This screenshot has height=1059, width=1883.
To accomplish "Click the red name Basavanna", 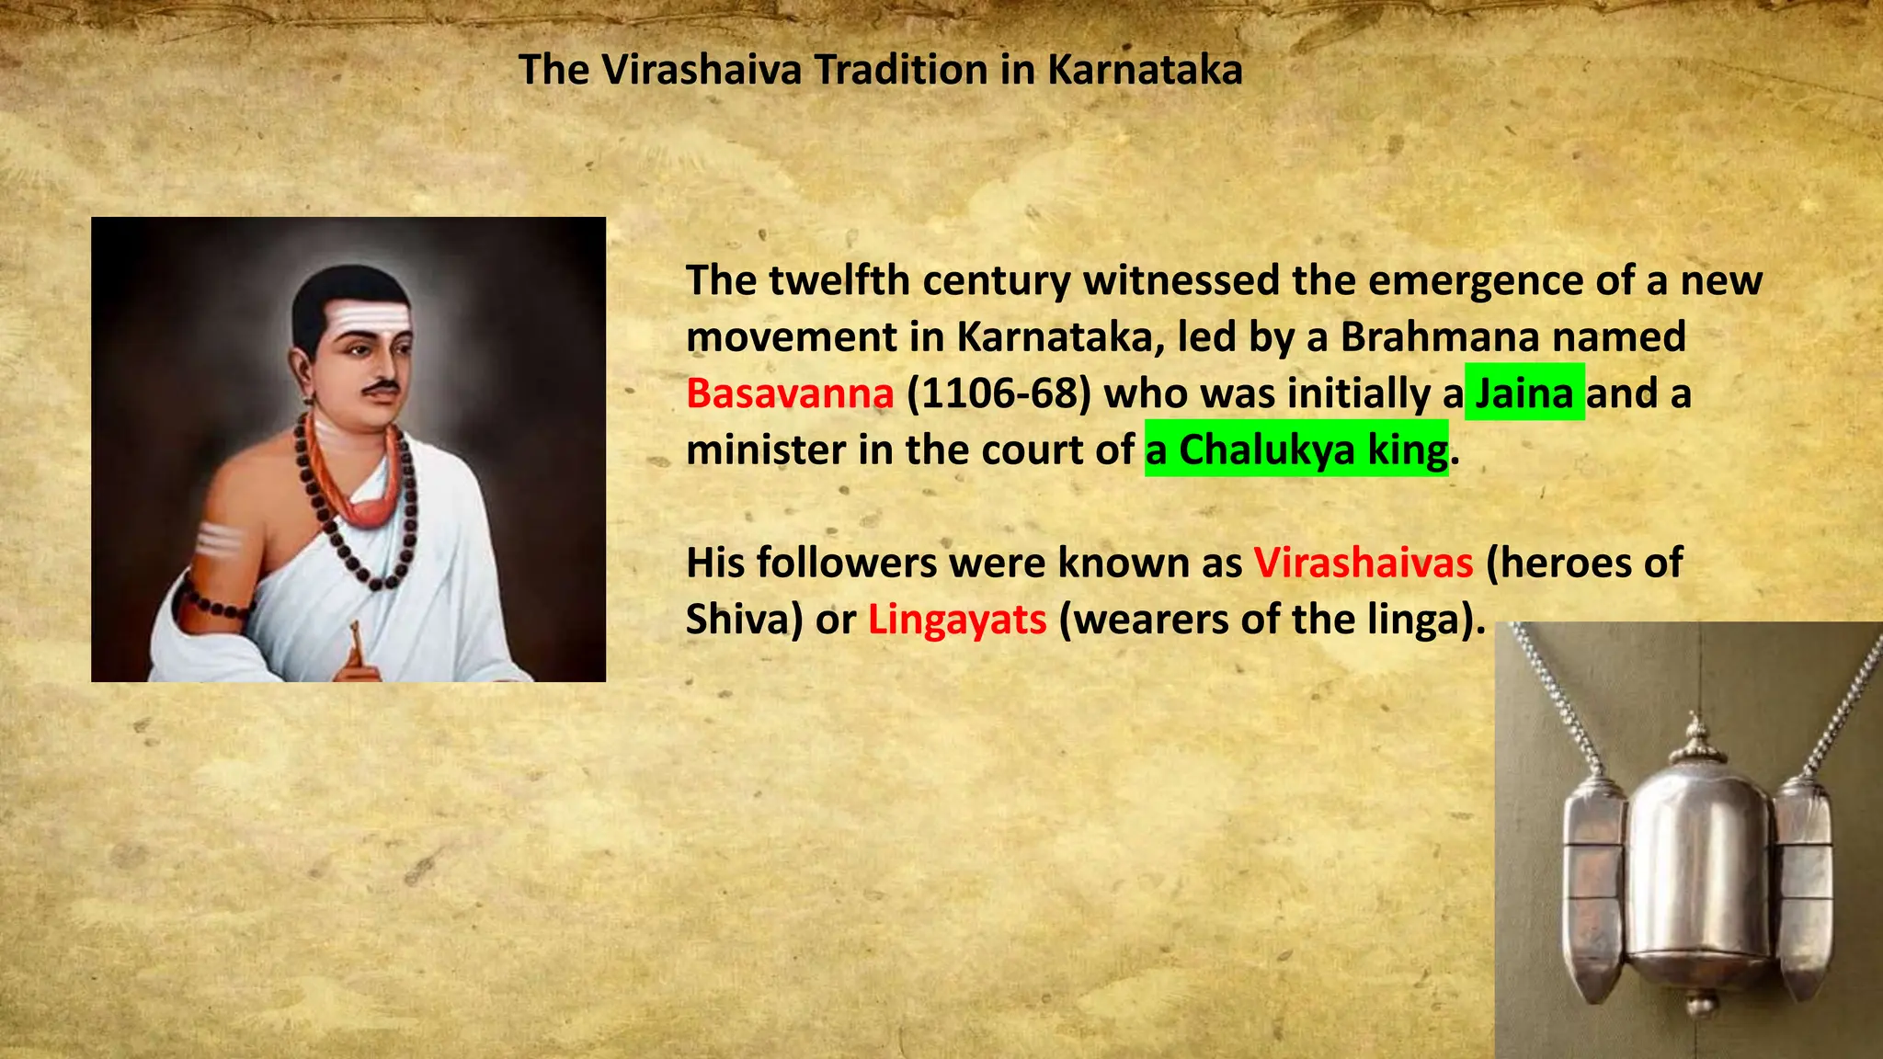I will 790,393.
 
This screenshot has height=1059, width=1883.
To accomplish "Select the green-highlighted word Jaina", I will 1524,393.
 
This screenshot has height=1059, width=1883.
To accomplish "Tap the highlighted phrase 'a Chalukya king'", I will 1296,450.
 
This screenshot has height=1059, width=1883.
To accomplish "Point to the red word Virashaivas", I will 1364,563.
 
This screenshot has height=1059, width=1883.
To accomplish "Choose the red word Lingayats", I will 957,620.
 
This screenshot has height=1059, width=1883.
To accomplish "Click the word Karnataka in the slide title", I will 1145,70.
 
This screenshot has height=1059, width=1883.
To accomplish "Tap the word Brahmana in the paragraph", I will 1440,336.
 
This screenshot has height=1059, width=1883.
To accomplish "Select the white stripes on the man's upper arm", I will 218,541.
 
